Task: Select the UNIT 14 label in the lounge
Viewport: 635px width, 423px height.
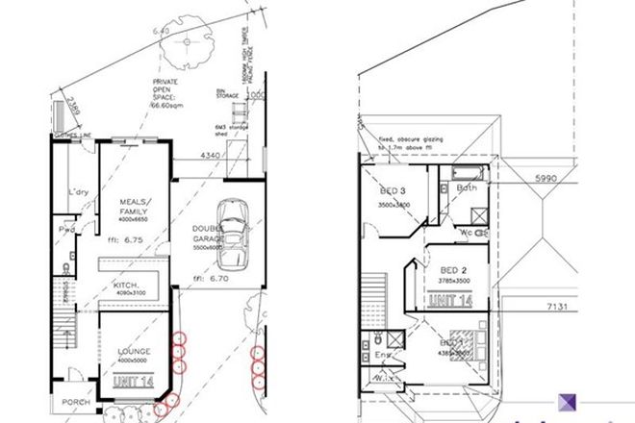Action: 132,383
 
